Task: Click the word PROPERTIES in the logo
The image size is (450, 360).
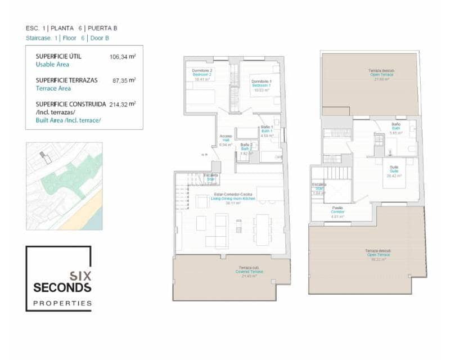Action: [62, 303]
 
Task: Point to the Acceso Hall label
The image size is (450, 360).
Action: [226, 140]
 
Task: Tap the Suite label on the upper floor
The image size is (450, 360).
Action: [394, 171]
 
